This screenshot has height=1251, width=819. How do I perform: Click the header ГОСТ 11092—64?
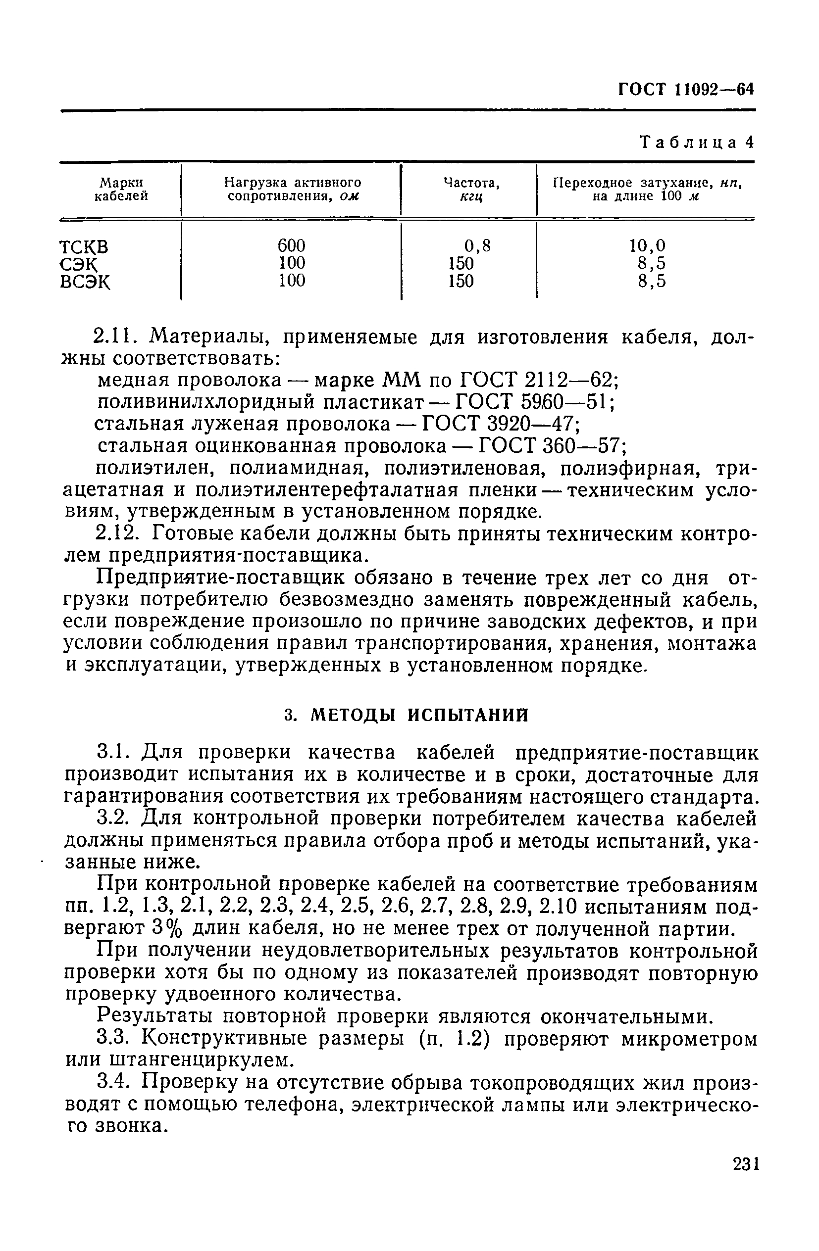(686, 90)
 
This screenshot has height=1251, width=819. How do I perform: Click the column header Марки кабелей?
(121, 189)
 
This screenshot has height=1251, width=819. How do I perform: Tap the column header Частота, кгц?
(471, 189)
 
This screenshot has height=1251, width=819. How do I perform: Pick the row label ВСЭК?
(85, 282)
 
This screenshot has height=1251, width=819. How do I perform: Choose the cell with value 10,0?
(647, 245)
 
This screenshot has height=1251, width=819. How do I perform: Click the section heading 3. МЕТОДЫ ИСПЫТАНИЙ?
(406, 716)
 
